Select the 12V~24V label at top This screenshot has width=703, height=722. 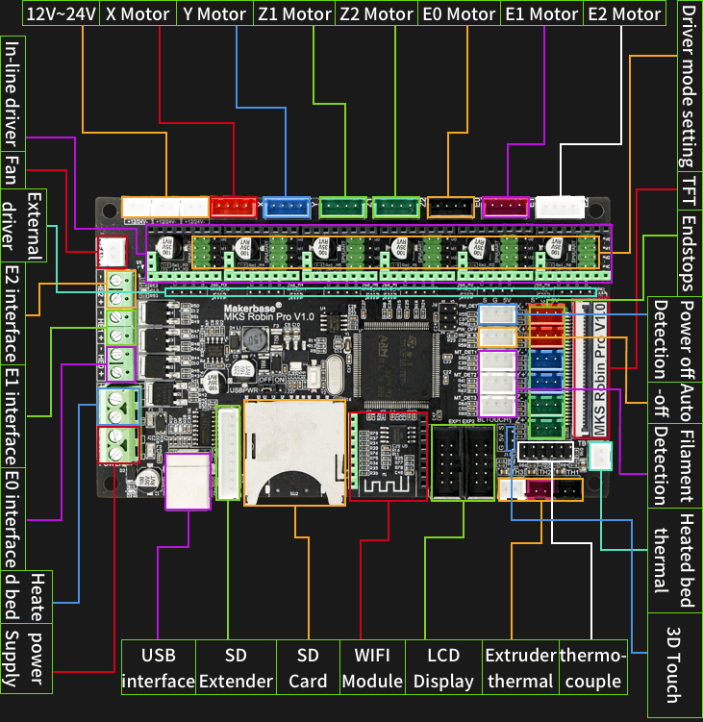point(60,14)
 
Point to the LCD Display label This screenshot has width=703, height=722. point(443,668)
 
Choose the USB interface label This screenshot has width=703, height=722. point(159,668)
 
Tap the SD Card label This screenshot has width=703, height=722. point(308,668)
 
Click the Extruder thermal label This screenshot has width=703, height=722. point(520,668)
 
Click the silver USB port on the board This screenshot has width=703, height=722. point(187,481)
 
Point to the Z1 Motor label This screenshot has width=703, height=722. point(294,14)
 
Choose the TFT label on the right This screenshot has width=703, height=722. point(689,186)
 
